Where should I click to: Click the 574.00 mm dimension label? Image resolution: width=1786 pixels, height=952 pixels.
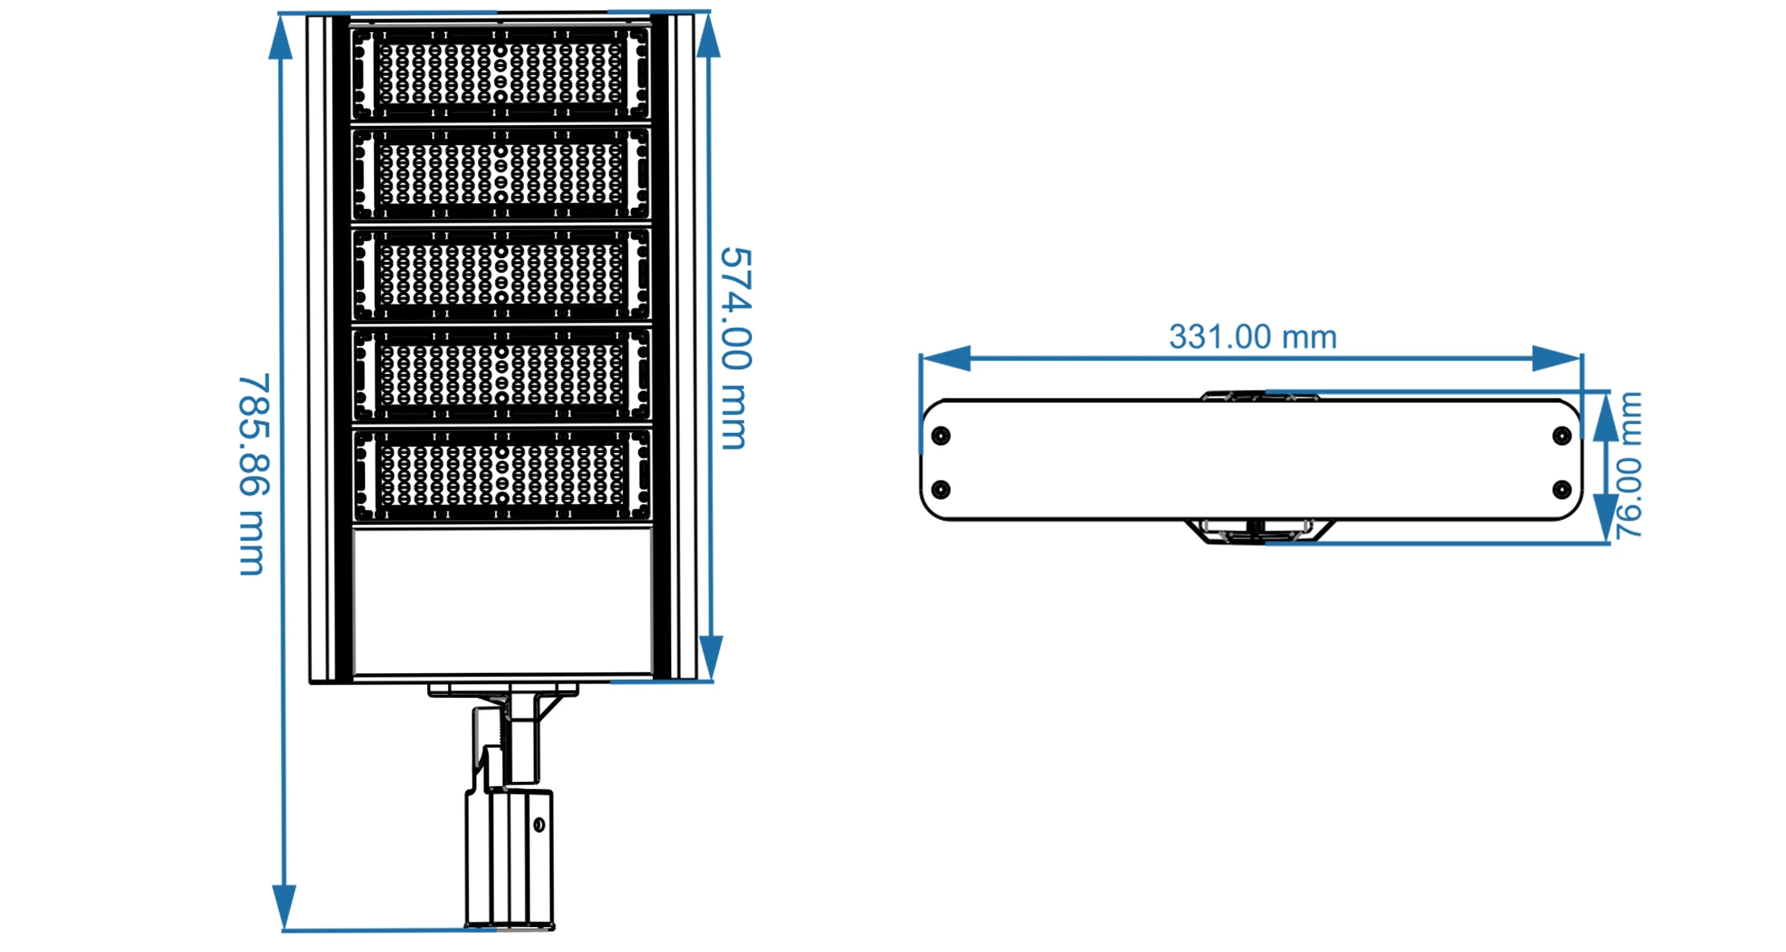point(734,348)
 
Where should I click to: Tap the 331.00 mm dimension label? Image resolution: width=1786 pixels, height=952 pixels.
point(1252,337)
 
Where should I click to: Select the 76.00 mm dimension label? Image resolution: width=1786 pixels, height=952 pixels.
point(1628,465)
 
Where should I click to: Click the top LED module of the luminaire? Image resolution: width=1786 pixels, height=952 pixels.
point(500,73)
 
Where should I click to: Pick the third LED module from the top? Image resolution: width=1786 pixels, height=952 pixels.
point(500,274)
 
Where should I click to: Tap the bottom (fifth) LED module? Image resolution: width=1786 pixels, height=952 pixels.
point(500,474)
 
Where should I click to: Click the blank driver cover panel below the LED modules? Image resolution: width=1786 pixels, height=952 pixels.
point(502,601)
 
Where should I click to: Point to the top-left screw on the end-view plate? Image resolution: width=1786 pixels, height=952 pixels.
point(941,436)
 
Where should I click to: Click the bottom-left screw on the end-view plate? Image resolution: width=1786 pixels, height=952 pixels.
point(941,489)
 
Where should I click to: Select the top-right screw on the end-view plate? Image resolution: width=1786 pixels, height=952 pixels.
point(1561,436)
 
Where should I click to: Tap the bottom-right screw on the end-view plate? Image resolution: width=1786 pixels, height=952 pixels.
point(1561,489)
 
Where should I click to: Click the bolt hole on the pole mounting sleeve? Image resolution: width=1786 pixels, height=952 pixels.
point(539,825)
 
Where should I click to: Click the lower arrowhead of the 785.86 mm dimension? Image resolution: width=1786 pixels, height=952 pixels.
point(284,906)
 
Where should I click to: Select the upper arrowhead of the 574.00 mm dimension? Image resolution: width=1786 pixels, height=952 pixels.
point(708,36)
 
